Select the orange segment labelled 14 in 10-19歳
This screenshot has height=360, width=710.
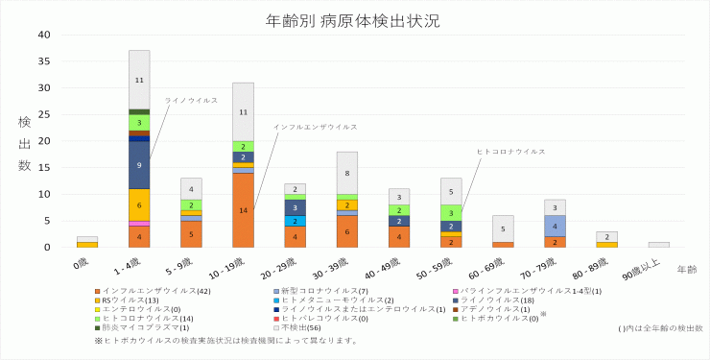pos(243,210)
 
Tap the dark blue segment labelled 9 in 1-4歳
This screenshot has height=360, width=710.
pos(139,165)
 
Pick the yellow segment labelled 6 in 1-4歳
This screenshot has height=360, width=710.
pos(139,204)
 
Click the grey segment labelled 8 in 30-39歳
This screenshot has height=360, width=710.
pos(346,173)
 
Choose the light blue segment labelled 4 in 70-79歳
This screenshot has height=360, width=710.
pos(555,226)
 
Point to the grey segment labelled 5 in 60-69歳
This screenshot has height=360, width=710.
pos(503,228)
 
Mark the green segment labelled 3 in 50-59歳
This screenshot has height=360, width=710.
pos(451,212)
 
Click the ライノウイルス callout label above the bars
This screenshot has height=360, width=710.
pos(191,100)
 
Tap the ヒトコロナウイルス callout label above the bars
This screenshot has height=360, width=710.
pos(510,152)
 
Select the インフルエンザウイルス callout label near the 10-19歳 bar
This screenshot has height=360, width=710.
pos(315,127)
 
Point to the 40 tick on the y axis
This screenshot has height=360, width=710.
pos(43,35)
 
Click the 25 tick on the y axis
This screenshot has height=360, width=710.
pos(43,114)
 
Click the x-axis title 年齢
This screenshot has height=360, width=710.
pos(686,269)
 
